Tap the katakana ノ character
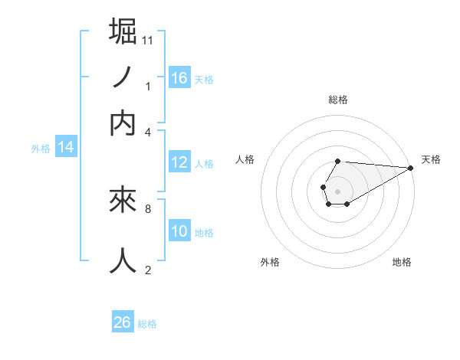pyautogui.click(x=123, y=78)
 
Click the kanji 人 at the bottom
pyautogui.click(x=124, y=260)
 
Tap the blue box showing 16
pyautogui.click(x=179, y=77)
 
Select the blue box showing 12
pyautogui.click(x=179, y=162)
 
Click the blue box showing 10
pyautogui.click(x=179, y=231)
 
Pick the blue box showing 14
pyautogui.click(x=66, y=148)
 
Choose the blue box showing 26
pyautogui.click(x=123, y=322)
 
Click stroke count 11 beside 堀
pyautogui.click(x=148, y=39)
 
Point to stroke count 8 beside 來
pyautogui.click(x=147, y=208)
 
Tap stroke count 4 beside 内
pyautogui.click(x=148, y=131)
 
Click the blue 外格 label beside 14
pyautogui.click(x=41, y=149)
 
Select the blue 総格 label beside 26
pyautogui.click(x=147, y=324)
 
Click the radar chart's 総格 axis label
pyautogui.click(x=338, y=100)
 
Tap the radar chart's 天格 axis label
pyautogui.click(x=431, y=159)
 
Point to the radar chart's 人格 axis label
pyautogui.click(x=245, y=159)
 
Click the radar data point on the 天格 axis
pyautogui.click(x=411, y=168)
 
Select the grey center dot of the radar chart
pyautogui.click(x=337, y=190)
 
